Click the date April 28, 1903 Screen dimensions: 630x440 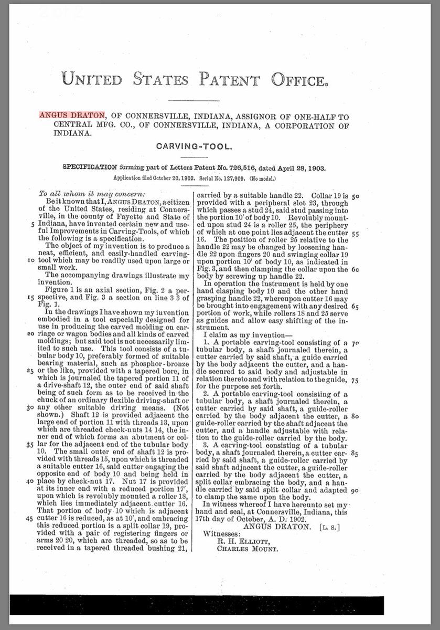(x=298, y=169)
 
